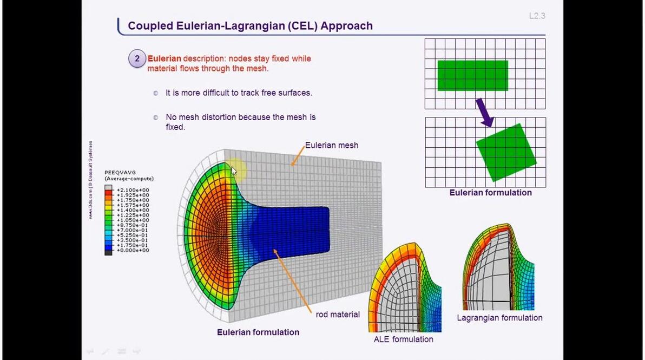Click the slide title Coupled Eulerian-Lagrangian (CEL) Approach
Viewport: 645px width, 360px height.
[x=250, y=26]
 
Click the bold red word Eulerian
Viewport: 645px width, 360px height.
[x=164, y=58]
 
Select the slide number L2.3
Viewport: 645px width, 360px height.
[x=537, y=16]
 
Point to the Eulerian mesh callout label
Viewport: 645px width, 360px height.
[x=331, y=145]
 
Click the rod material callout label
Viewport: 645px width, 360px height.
[x=338, y=315]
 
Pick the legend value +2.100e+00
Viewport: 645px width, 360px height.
[x=133, y=190]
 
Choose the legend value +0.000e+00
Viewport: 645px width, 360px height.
[x=133, y=251]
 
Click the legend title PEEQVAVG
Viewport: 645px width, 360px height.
[x=120, y=173]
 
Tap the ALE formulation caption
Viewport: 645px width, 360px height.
[x=403, y=339]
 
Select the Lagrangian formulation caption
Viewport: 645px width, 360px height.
[x=499, y=318]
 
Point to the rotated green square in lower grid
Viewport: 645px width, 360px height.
[x=506, y=152]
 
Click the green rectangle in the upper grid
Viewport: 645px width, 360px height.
[x=472, y=75]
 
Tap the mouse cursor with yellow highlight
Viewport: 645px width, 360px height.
[x=234, y=171]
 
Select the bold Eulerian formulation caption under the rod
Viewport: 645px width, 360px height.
[x=258, y=332]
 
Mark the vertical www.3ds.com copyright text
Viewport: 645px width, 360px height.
[x=91, y=180]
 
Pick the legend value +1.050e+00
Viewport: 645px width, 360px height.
[x=133, y=220]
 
